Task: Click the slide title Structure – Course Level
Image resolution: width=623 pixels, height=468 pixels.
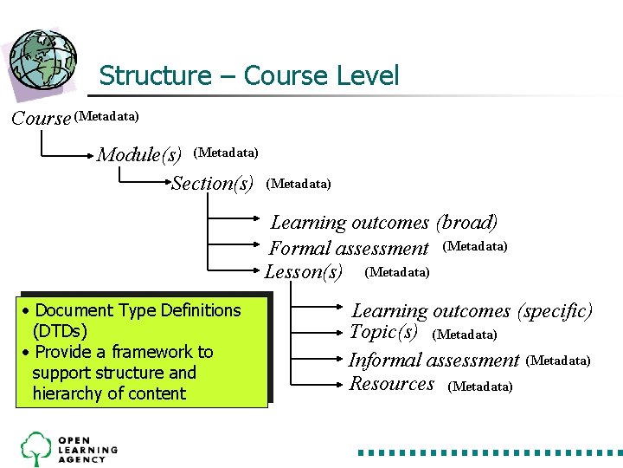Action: point(249,76)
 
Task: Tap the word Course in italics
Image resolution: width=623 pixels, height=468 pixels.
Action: point(41,119)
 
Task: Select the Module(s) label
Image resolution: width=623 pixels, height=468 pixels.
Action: point(139,155)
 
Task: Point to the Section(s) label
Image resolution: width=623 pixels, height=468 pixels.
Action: point(212,184)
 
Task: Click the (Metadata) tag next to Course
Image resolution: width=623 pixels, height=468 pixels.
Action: point(107,115)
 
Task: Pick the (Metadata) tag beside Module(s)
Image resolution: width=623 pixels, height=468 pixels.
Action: point(226,153)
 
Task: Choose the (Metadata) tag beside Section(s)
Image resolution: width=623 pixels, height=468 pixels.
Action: point(299,183)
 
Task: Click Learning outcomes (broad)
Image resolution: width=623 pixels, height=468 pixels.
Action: point(384,223)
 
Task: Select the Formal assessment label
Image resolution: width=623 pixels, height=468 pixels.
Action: point(349,249)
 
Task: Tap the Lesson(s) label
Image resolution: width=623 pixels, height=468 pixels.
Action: point(304,272)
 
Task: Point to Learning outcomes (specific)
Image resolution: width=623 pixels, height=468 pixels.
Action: point(472,310)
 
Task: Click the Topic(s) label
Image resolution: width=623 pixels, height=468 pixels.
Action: point(383,332)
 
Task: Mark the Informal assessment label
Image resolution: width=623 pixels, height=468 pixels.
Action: point(434,360)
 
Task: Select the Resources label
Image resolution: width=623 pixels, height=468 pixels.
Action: point(391,384)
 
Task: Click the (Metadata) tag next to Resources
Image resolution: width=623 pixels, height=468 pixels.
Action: point(480,387)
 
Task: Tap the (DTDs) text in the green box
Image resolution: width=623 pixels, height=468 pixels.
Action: point(60,331)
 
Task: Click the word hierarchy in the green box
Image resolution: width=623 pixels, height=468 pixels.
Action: point(66,393)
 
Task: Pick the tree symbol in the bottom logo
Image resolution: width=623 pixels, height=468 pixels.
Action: point(36,448)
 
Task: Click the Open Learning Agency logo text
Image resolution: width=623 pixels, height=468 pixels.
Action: point(87,449)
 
